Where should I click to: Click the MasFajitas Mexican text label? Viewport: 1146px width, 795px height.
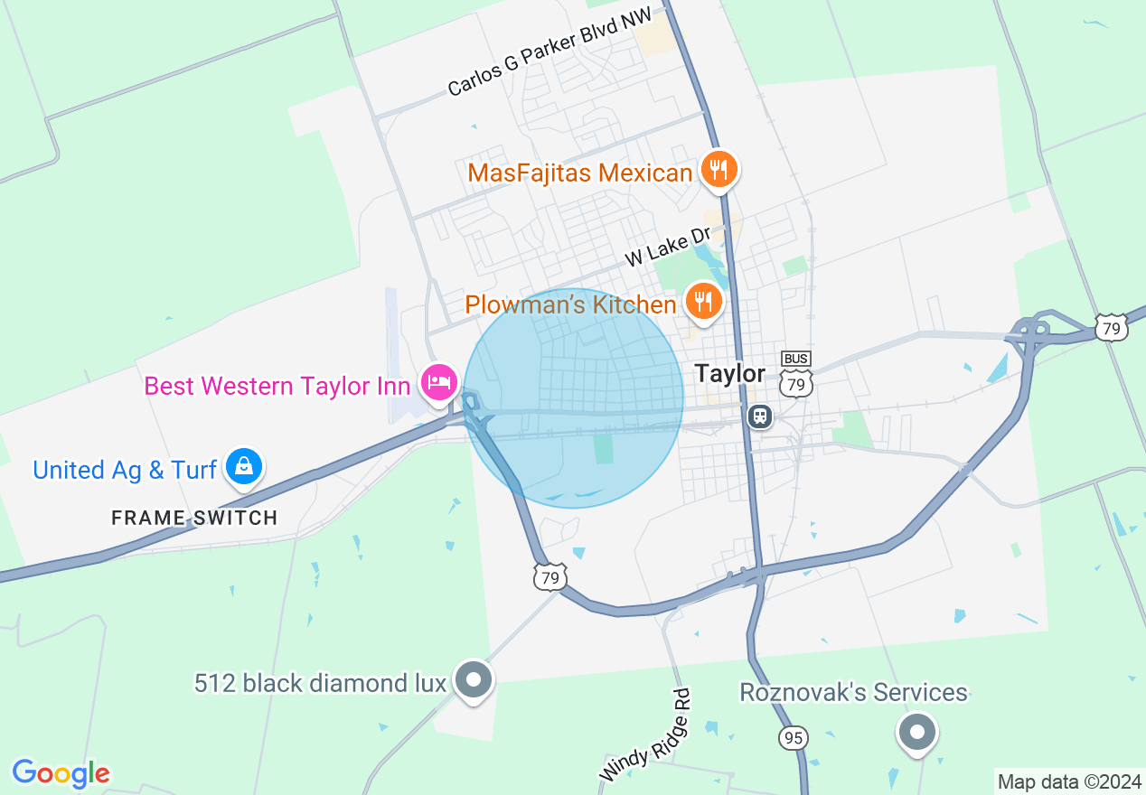click(x=579, y=173)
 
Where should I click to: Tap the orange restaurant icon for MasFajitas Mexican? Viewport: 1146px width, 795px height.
click(x=719, y=169)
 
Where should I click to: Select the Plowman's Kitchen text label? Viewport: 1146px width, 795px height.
click(x=570, y=304)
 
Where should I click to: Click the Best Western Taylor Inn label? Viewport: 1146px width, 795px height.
click(x=277, y=386)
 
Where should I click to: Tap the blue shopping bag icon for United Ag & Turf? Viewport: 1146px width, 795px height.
click(x=243, y=466)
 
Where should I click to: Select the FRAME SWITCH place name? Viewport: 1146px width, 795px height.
click(x=194, y=518)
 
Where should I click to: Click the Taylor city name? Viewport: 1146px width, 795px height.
click(x=729, y=374)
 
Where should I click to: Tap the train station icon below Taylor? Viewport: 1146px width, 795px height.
click(x=760, y=416)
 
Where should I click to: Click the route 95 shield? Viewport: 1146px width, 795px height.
click(x=793, y=738)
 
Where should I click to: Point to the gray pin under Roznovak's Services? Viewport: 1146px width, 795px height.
click(x=917, y=731)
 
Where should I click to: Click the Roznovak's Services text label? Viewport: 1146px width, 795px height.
click(x=853, y=693)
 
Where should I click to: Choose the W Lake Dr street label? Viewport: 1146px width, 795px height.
click(x=669, y=247)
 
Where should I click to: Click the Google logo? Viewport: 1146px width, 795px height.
click(x=61, y=774)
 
